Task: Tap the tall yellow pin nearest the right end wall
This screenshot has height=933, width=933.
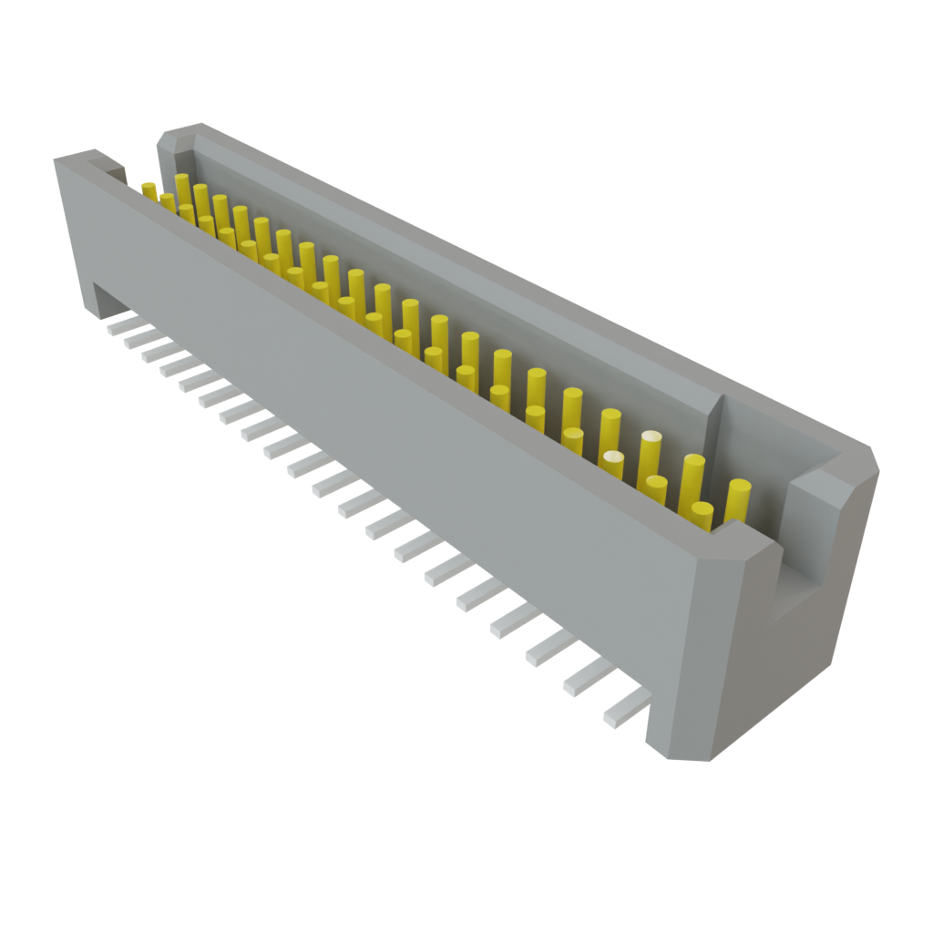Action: click(x=738, y=497)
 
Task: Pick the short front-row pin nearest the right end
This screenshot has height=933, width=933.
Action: click(x=702, y=514)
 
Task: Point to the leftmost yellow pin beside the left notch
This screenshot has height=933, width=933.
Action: click(x=149, y=189)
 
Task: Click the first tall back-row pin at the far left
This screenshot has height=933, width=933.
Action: click(x=182, y=187)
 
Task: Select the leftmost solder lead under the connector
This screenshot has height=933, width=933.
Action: click(x=118, y=325)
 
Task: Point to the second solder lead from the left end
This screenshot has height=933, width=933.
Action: click(x=137, y=338)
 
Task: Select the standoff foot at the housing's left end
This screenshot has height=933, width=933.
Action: click(x=97, y=301)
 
